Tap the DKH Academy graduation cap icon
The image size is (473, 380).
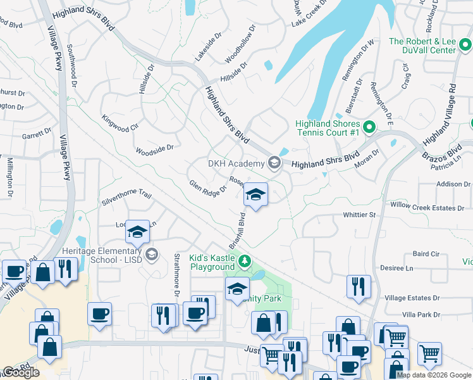tap(274, 163)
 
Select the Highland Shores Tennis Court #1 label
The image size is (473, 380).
tap(328, 128)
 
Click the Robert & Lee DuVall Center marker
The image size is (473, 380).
tap(465, 45)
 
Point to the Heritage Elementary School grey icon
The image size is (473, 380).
tap(151, 255)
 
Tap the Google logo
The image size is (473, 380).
tap(21, 372)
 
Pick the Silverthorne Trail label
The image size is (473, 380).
tap(127, 198)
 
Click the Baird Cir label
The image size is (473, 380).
tap(426, 254)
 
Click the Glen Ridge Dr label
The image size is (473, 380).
tap(207, 187)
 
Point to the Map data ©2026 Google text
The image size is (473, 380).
tap(434, 375)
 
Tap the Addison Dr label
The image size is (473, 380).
tap(453, 184)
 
